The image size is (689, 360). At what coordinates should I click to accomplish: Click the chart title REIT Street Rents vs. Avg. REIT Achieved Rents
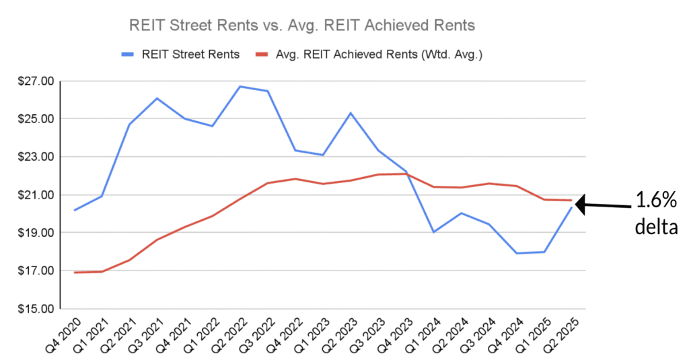301,25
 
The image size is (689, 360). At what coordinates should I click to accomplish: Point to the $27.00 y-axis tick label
35,81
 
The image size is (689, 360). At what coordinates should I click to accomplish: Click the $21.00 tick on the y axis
35,195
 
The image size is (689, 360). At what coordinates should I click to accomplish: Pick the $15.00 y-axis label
35,309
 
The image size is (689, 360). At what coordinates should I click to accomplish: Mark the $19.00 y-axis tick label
35,233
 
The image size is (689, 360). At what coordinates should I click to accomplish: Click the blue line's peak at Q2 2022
240,86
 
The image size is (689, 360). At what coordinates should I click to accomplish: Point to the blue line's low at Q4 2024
517,253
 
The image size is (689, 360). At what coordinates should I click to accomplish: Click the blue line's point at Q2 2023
351,112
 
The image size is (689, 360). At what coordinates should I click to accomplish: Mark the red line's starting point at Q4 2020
74,273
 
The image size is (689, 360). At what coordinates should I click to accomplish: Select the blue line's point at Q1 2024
434,232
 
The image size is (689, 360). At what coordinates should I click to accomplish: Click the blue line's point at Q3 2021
157,98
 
